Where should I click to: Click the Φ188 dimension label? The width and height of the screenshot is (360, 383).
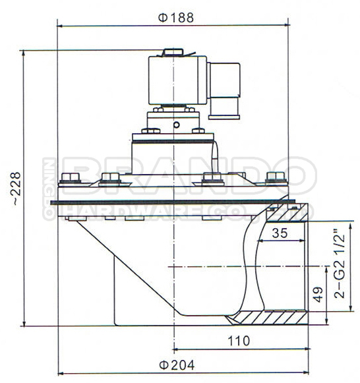click(176, 18)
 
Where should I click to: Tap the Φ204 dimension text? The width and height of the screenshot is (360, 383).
click(177, 365)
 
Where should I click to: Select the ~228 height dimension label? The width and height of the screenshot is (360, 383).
click(15, 189)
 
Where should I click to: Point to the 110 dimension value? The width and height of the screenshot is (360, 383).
click(239, 341)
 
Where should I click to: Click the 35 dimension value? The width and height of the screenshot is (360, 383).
click(280, 233)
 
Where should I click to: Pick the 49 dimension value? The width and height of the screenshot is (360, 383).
click(317, 295)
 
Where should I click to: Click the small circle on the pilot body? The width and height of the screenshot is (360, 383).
click(176, 125)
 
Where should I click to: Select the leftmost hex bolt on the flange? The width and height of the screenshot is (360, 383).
click(71, 177)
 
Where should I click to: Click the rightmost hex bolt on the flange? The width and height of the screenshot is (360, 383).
click(276, 177)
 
